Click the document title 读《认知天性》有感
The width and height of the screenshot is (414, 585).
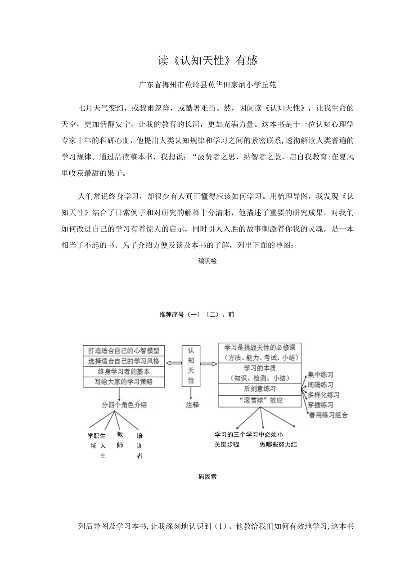coord(207,61)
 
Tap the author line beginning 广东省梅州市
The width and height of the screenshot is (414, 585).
coord(207,85)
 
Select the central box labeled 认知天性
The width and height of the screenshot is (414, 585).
coord(191,365)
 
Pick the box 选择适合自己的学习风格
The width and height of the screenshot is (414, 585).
coord(124,361)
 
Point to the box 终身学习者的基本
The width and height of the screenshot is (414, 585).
coord(124,372)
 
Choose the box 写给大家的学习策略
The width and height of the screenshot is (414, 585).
coord(124,382)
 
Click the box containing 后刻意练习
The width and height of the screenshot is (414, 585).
coord(260,389)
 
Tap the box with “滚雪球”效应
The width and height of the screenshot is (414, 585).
coord(260,400)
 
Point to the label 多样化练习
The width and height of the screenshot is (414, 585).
coord(324,395)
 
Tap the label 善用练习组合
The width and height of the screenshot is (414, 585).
coord(328,415)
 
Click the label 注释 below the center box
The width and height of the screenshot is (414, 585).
coord(192,405)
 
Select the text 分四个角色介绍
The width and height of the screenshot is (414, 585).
coord(124,405)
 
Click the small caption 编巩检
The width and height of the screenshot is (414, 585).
coord(207,261)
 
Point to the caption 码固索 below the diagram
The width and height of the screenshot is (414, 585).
coord(207,477)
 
